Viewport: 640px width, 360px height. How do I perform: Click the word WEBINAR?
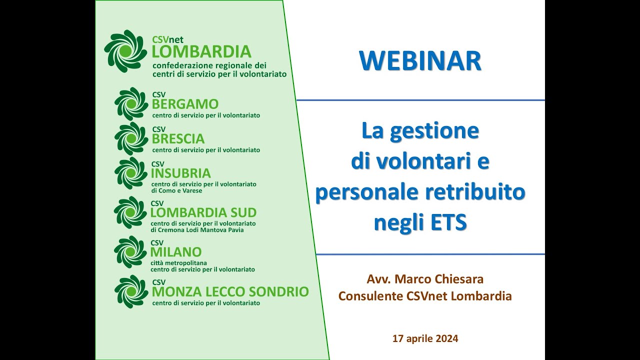420,60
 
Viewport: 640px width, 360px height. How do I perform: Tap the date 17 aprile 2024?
425,338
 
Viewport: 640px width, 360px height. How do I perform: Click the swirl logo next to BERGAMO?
131,104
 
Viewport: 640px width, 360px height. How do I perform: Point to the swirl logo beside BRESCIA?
131,138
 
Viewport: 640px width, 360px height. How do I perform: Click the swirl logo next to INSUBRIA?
131,173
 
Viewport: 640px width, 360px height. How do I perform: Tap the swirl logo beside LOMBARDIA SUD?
130,212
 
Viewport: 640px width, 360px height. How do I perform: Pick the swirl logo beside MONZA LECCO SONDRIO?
131,291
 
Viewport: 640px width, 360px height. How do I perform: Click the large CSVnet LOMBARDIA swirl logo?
125,51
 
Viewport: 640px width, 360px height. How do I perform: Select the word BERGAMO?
185,104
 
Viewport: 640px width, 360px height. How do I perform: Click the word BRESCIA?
178,138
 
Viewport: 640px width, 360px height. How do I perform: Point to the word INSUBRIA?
180,173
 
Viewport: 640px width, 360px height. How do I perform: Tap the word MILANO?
176,252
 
